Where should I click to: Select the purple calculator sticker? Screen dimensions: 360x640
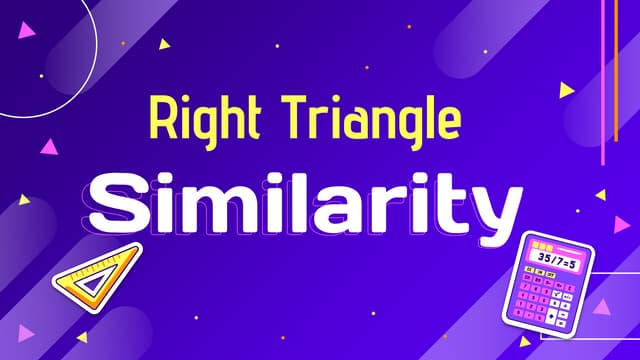pos(547,283)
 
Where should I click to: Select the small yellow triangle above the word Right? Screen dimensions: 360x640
pos(165,44)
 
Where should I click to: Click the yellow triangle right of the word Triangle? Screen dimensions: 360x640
pos(567,90)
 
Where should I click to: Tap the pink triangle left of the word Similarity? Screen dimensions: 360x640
pos(47,146)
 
